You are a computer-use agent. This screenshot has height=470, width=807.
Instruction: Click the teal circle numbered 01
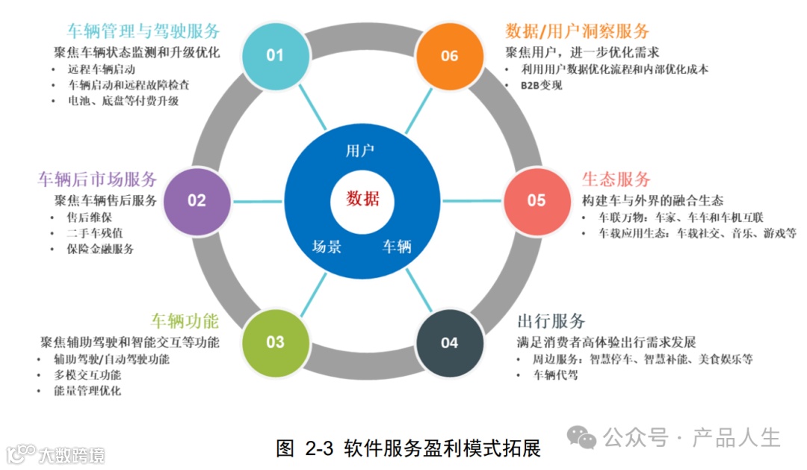coord(276,55)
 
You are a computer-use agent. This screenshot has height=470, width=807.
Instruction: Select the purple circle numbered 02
coord(197,200)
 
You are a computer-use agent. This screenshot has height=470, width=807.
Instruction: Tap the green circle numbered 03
coord(276,342)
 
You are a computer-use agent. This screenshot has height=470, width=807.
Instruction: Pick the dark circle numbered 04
coord(449,342)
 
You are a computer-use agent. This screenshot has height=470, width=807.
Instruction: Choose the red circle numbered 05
coord(537,200)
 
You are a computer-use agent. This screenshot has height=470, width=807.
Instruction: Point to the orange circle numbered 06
coord(449,55)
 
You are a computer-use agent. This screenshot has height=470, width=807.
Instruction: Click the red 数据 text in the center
coord(362,199)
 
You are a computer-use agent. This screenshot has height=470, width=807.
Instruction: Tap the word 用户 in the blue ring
coord(360,151)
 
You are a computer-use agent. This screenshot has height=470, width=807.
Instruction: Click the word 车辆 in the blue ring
coord(397,246)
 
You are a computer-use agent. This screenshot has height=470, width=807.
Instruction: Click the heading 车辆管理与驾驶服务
coord(143,31)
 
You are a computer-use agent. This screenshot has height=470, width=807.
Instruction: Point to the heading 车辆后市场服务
coord(97,179)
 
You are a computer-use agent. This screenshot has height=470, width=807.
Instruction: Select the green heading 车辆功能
coord(185,321)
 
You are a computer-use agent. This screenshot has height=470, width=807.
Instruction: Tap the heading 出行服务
coord(551,321)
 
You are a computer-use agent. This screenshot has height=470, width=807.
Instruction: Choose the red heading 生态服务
coord(616,179)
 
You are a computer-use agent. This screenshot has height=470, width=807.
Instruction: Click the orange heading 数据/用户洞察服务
coord(578,31)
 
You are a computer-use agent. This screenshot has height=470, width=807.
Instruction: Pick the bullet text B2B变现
coord(542,85)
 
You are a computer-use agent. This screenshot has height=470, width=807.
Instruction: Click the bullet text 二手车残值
coord(96,233)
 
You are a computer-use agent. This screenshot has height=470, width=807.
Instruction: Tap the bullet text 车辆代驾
coord(555,375)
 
